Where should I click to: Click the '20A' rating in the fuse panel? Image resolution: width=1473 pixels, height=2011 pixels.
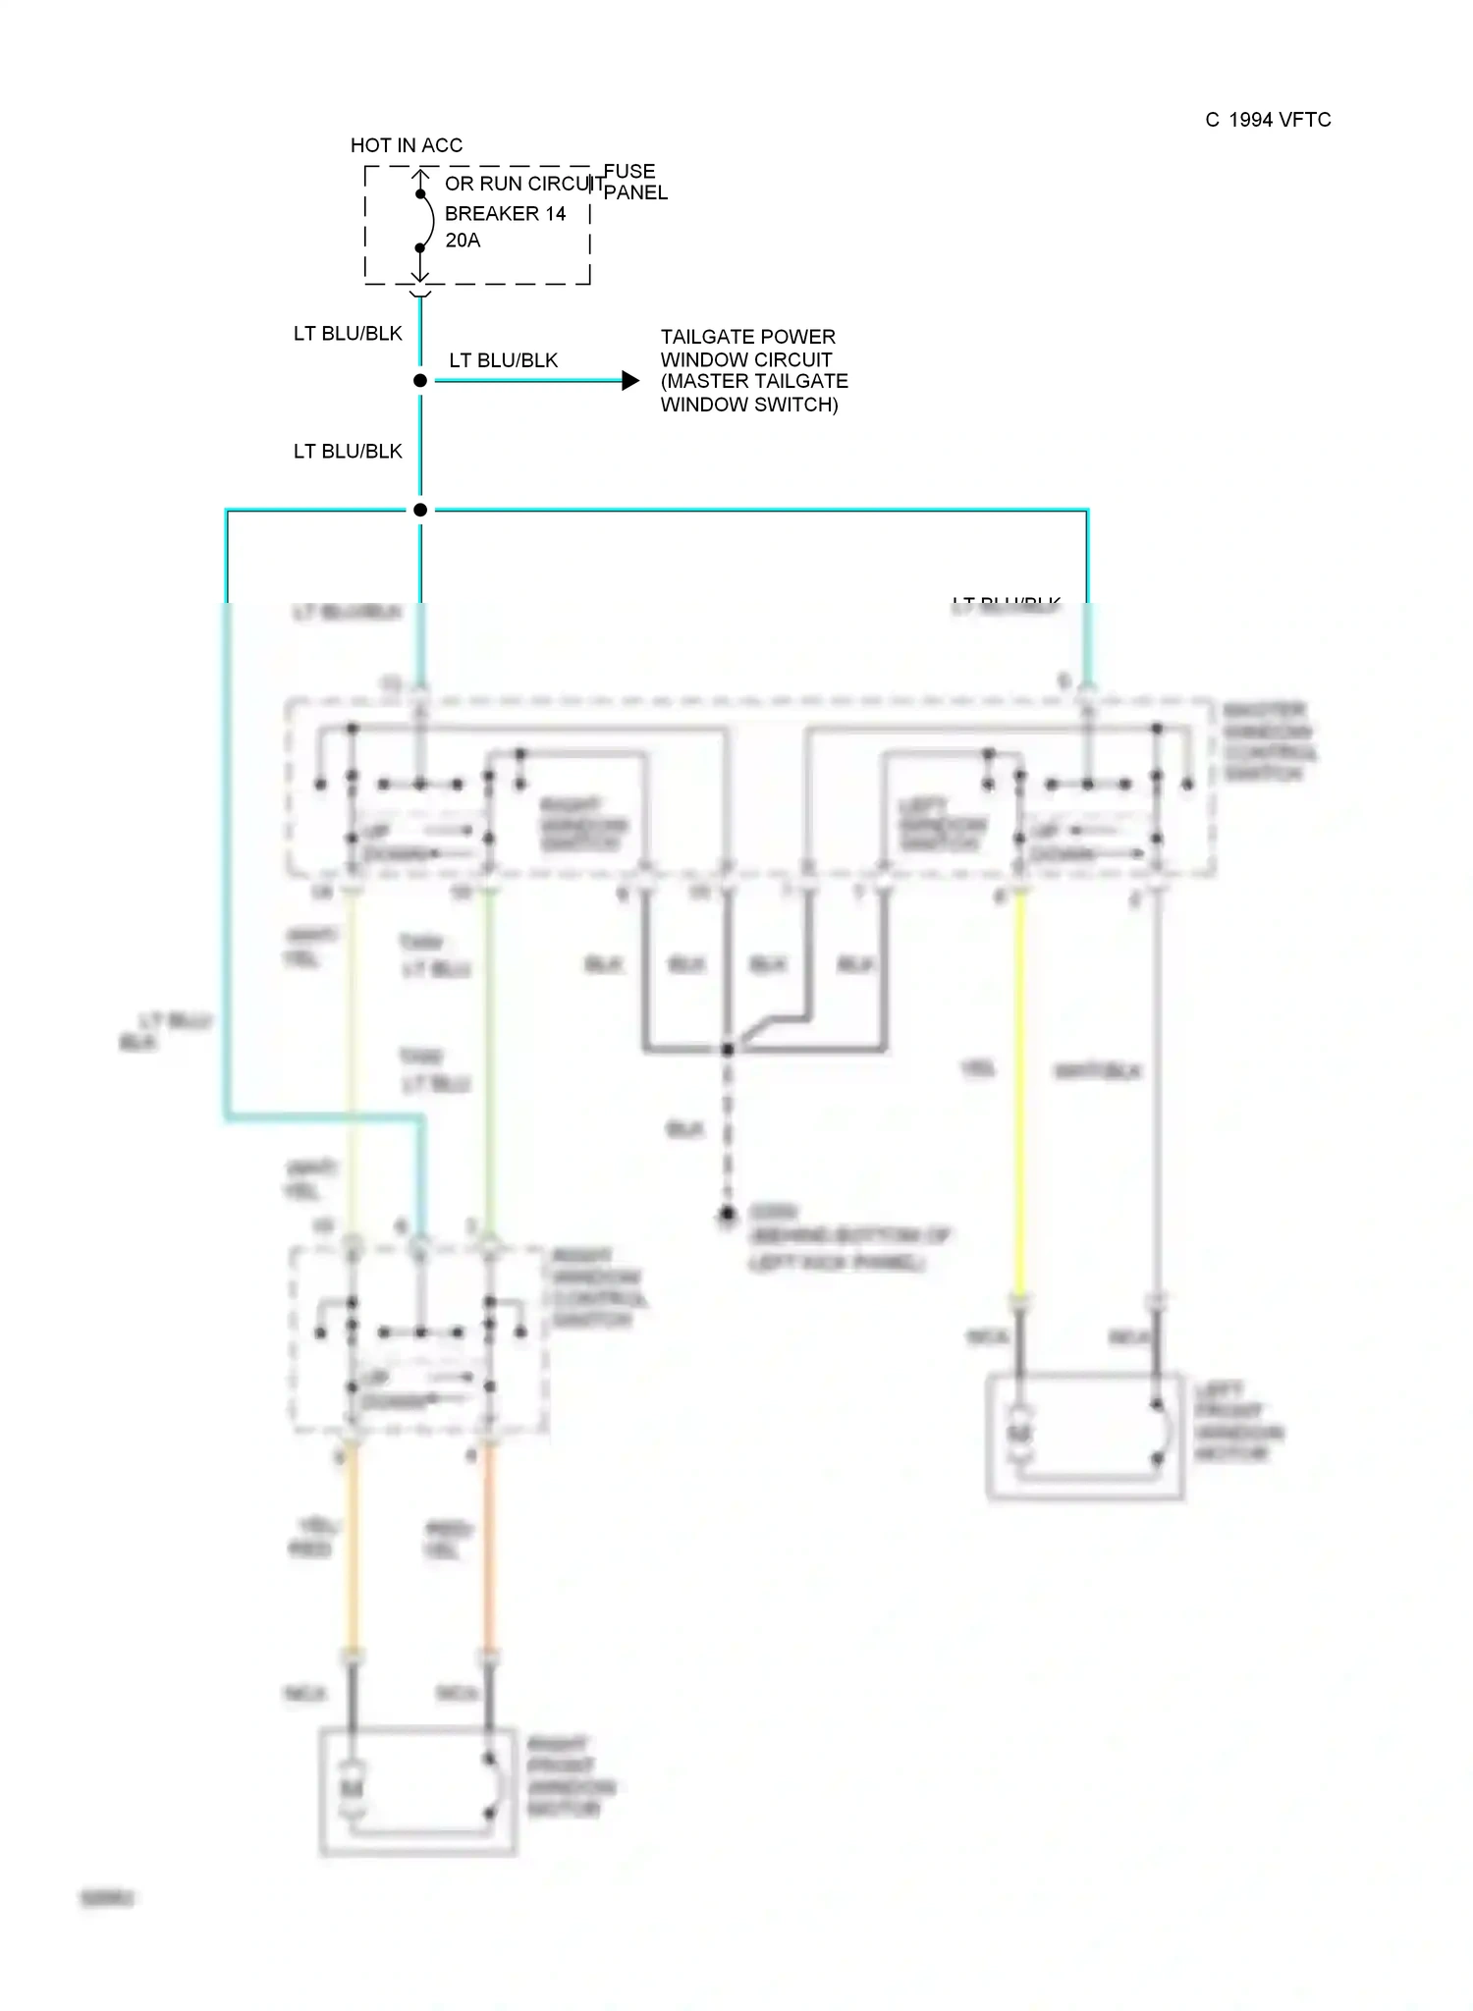pos(463,241)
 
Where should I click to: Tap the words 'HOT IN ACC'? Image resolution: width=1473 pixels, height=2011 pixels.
pos(407,145)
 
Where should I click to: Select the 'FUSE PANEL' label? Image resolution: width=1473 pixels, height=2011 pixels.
pos(634,183)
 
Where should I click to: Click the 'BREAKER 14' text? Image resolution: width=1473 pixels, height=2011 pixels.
pos(505,214)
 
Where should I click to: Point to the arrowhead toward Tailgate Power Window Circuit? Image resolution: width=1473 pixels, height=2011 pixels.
pos(630,380)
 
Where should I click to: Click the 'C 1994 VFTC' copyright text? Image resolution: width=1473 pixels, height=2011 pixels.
pos(1268,120)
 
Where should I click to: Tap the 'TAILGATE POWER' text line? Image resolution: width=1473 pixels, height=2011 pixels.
pos(747,337)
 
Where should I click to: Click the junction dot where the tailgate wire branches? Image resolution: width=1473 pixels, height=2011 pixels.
pos(420,380)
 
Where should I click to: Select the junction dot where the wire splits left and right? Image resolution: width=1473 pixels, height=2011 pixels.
pos(420,510)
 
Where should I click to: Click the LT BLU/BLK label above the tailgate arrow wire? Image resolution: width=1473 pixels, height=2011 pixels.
pos(503,360)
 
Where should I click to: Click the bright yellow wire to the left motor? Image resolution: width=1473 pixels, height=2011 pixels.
pos(1020,1090)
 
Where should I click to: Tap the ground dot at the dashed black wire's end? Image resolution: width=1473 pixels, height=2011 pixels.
pos(727,1216)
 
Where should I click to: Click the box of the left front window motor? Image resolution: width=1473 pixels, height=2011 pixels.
pos(1084,1437)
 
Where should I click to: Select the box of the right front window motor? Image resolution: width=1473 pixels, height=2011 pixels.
pos(418,1792)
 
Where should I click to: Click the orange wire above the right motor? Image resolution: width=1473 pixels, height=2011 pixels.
pos(488,1551)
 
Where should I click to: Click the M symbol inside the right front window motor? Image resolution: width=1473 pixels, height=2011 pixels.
pos(352,1787)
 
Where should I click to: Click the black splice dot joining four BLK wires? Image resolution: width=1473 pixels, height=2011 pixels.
pos(728,1050)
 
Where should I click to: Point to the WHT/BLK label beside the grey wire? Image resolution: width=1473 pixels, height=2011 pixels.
pos(1097,1071)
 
